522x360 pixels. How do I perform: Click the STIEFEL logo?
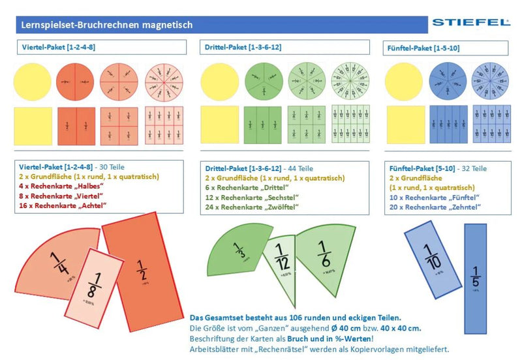[470, 23]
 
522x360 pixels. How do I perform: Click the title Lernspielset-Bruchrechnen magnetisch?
[104, 25]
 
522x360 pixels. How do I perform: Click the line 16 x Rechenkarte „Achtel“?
[63, 205]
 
